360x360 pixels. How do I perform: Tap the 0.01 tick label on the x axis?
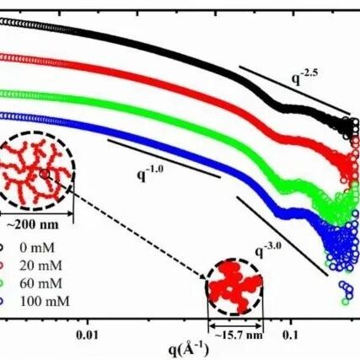(x=88, y=336)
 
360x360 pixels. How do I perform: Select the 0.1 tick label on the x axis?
(x=290, y=336)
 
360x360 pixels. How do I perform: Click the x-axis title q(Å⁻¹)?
(x=189, y=349)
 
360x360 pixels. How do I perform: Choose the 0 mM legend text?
(x=37, y=248)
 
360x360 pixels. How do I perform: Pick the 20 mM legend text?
(x=40, y=266)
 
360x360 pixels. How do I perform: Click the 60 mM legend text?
(x=40, y=283)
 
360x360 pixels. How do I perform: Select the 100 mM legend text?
(x=45, y=302)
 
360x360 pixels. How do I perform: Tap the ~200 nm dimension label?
(x=32, y=225)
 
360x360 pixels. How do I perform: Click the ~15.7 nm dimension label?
(x=239, y=336)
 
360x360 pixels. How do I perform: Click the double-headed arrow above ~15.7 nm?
(x=236, y=325)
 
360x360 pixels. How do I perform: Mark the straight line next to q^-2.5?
(x=294, y=90)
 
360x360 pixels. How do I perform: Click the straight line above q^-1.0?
(x=164, y=159)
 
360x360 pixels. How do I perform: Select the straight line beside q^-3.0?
(x=282, y=236)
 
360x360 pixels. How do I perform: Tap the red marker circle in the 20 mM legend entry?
(x=2, y=266)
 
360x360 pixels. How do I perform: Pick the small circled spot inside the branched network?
(x=45, y=175)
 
